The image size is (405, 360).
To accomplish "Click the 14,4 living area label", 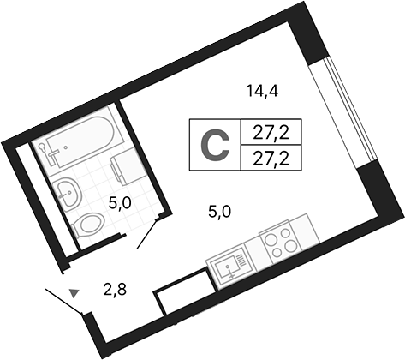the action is pos(262,92).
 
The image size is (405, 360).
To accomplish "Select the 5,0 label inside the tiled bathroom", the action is pos(120,204).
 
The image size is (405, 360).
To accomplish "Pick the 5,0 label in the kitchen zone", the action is pos(219,212).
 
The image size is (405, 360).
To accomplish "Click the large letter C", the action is pos(215,145).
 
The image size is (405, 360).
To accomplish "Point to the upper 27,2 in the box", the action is pos(271,133).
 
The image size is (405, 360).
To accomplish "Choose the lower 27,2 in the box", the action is pos(271,159).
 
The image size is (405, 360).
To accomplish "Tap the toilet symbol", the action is pos(87,225).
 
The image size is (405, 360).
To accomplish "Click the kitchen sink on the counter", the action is pos(229,267).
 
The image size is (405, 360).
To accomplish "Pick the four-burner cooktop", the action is pos(280,241).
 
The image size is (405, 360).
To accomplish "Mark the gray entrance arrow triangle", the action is pos(74,293).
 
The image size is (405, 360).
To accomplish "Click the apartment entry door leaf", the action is pos(64,302).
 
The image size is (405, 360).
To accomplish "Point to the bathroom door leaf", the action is pos(147,233).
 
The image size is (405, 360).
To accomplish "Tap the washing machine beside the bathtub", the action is pos(126,167).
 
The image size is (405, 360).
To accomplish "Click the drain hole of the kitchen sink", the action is pos(228,267).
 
